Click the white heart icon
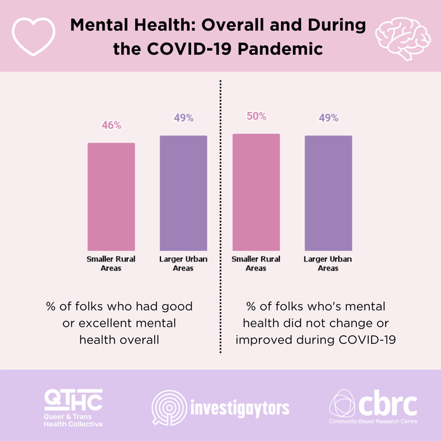pyautogui.click(x=34, y=36)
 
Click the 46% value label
pyautogui.click(x=111, y=125)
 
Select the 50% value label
pyautogui.click(x=256, y=116)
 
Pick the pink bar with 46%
pyautogui.click(x=111, y=196)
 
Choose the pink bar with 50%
pyautogui.click(x=256, y=192)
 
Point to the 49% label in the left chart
pyautogui.click(x=183, y=118)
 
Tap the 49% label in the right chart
pyautogui.click(x=329, y=118)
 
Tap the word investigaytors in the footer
pyautogui.click(x=240, y=406)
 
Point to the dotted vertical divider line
pyautogui.click(x=220, y=218)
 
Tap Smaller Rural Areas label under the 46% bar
pyautogui.click(x=111, y=263)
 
